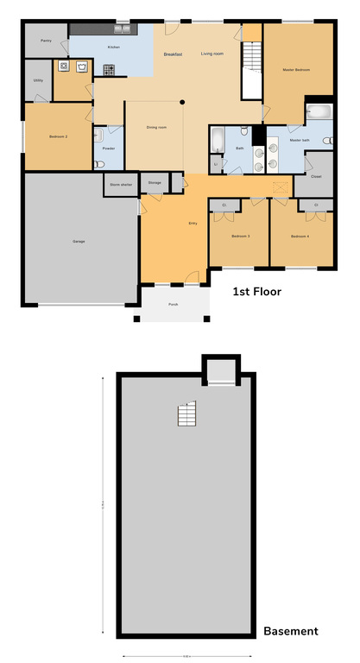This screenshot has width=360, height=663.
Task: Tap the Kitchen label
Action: click(x=114, y=47)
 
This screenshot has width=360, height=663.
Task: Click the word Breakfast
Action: click(x=174, y=54)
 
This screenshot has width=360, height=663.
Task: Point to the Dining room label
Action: click(x=156, y=128)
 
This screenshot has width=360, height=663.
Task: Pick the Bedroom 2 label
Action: click(x=58, y=137)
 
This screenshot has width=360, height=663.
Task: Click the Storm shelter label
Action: click(x=119, y=183)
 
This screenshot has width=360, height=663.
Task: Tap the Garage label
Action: click(x=79, y=241)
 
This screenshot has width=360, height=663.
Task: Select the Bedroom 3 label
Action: click(x=241, y=236)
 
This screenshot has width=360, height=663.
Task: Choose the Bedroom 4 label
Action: click(x=299, y=236)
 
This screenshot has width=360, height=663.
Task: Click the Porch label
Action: click(x=173, y=305)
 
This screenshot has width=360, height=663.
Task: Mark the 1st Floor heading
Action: click(x=256, y=292)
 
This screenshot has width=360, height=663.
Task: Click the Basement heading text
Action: click(x=290, y=631)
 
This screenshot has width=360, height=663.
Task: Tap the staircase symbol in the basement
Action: click(x=186, y=415)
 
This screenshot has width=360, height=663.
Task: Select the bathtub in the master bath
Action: click(x=319, y=112)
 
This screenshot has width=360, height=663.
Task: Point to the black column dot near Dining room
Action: click(x=182, y=102)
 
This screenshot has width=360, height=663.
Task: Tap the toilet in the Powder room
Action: click(x=99, y=135)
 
